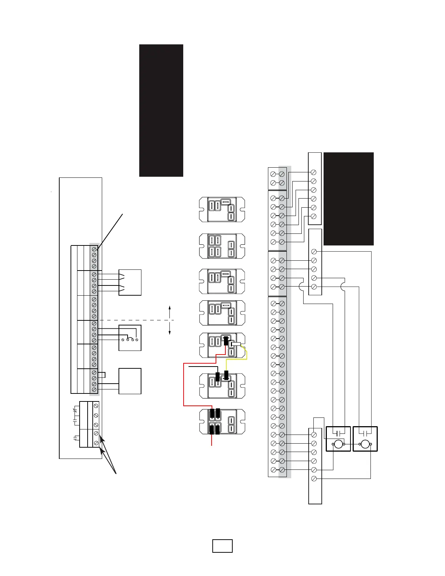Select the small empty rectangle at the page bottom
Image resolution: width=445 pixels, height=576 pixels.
tap(222, 546)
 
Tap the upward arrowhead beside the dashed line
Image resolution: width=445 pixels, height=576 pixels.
tap(170, 308)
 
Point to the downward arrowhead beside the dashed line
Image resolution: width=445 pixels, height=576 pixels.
tap(170, 332)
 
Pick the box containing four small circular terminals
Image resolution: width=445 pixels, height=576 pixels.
tap(130, 338)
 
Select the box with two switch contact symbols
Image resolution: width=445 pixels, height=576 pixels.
tap(130, 283)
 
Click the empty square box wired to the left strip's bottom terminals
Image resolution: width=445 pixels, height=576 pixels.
tap(130, 381)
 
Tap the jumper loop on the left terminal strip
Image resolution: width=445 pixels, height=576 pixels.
tap(103, 375)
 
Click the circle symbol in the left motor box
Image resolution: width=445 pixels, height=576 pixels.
tap(338, 444)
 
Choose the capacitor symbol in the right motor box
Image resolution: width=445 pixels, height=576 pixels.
tap(365, 433)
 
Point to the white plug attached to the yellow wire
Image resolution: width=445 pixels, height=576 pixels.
tap(236, 344)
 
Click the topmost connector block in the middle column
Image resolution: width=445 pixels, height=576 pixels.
tap(222, 210)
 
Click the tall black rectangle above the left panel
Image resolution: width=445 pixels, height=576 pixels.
tap(161, 111)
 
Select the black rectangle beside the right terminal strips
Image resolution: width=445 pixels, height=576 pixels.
tap(348, 199)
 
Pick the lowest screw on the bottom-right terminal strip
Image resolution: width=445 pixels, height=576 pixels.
tap(314, 479)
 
